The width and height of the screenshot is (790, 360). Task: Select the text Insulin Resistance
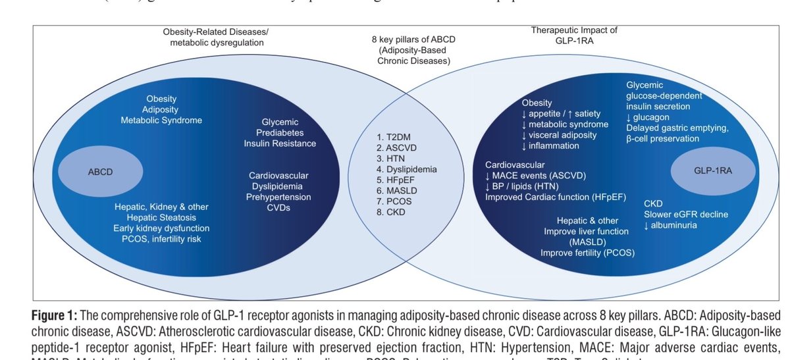(280, 143)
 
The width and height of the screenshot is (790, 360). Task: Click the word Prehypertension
(278, 197)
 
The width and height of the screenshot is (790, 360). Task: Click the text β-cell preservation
(671, 138)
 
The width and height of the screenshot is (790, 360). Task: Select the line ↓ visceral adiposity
(560, 135)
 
